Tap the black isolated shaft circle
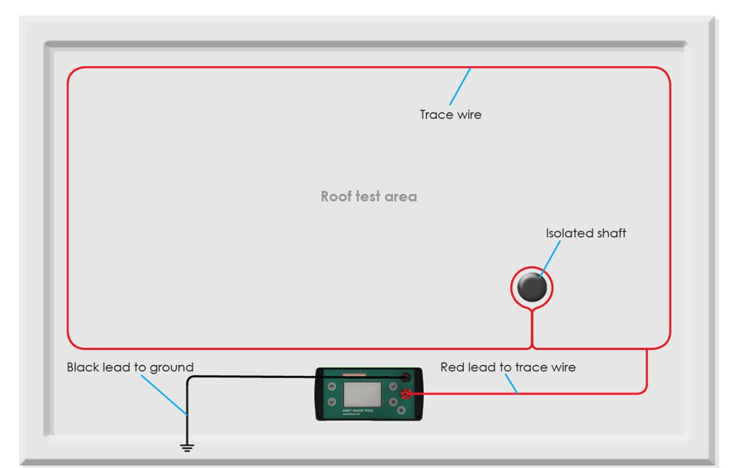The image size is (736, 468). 532,288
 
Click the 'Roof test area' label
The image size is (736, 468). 368,196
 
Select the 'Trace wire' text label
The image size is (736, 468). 451,115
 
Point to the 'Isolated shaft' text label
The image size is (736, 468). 586,233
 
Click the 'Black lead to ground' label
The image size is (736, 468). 130,367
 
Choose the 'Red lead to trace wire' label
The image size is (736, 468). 508,367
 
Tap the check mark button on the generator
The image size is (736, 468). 393,386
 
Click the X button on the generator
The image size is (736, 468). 393,402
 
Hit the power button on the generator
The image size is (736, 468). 401,410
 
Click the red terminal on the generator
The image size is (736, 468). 406,394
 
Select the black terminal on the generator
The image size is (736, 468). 406,377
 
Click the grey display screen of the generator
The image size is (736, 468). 362,394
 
